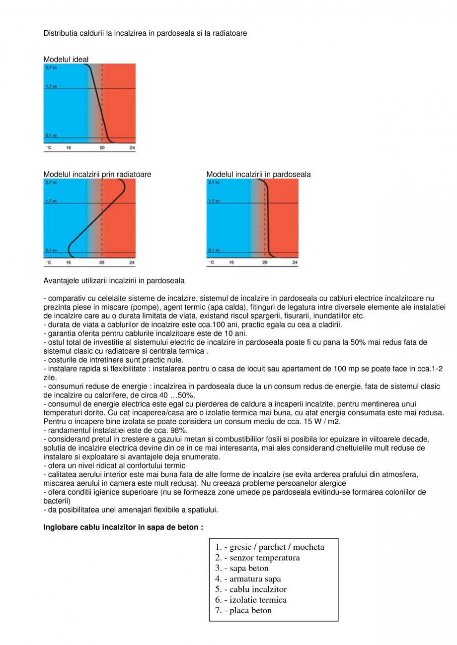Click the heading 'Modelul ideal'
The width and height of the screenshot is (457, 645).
(x=66, y=60)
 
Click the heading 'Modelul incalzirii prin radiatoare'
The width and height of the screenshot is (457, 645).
(x=97, y=174)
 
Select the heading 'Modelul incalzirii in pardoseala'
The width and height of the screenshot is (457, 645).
(x=258, y=174)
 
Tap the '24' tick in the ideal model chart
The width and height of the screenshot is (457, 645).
(x=132, y=148)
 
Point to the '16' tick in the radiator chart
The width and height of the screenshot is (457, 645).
(x=69, y=262)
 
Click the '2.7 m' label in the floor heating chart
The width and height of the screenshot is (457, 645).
(x=213, y=183)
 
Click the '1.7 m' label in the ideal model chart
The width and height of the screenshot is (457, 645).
(x=50, y=86)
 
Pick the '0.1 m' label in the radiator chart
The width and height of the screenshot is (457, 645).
(x=50, y=250)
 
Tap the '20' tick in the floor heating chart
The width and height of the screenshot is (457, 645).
(x=265, y=262)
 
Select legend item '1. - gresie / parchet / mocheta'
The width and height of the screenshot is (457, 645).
(x=269, y=547)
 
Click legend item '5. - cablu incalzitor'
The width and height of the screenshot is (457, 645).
(x=251, y=589)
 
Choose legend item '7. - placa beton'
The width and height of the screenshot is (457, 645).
(x=243, y=610)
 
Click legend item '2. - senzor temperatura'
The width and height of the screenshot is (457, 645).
(x=257, y=558)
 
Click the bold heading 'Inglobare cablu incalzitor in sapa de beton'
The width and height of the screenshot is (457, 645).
(x=123, y=527)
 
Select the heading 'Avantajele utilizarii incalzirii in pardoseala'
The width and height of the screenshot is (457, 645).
(x=114, y=281)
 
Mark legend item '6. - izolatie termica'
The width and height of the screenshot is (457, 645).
(x=251, y=599)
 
